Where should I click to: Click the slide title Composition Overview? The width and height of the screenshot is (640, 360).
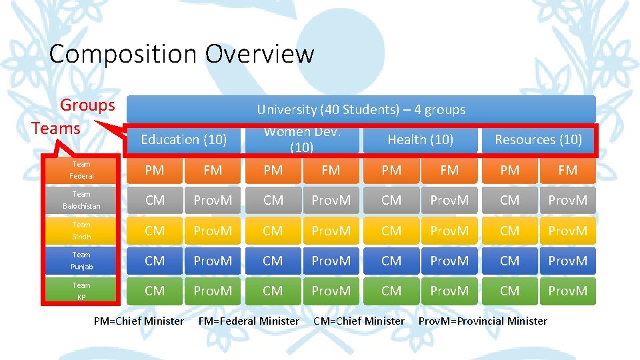tap(181, 53)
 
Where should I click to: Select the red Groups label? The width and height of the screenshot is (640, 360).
tap(87, 105)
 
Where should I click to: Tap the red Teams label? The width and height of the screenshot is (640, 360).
tap(56, 128)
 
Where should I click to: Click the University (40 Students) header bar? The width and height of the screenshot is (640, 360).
tap(361, 109)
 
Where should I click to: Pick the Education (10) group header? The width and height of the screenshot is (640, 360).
tap(184, 139)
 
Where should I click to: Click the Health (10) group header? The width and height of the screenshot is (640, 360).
tap(420, 139)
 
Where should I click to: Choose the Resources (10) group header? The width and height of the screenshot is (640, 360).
tap(538, 139)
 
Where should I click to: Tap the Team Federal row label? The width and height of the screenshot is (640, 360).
tap(82, 170)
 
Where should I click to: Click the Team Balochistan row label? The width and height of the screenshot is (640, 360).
tap(82, 200)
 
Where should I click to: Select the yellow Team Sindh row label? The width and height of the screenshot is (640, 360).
tap(82, 231)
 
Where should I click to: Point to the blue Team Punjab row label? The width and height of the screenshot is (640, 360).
tap(82, 261)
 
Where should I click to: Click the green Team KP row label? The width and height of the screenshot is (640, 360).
tap(82, 291)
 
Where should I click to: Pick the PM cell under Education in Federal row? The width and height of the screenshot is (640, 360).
tap(155, 170)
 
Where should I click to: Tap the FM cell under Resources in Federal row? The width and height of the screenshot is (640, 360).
tap(568, 170)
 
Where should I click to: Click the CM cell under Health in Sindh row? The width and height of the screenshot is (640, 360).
tap(391, 231)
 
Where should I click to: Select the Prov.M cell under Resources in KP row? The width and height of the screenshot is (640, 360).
tap(568, 291)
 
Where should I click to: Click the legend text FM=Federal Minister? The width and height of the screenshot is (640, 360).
tap(249, 321)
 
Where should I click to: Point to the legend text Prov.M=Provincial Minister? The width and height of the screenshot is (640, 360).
tap(483, 321)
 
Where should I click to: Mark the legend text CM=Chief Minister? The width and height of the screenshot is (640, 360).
tap(359, 321)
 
